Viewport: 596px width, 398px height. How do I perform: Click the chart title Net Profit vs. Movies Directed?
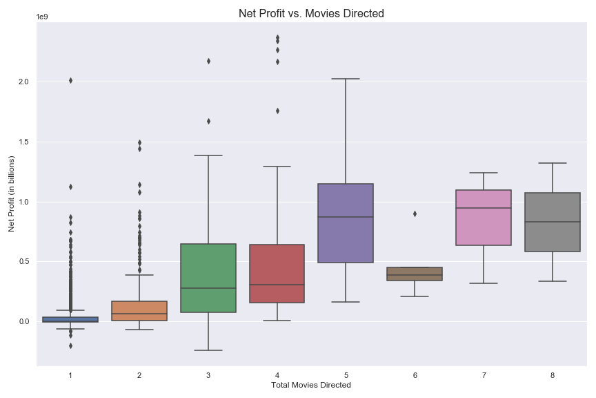pos(311,13)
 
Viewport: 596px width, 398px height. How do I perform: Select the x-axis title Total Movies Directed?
pos(311,385)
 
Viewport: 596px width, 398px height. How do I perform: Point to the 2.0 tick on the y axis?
pos(23,82)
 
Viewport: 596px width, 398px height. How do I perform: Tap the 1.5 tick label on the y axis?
pos(23,142)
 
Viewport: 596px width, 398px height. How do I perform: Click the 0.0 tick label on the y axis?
pos(23,321)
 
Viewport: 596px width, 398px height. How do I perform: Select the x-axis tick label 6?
pos(415,375)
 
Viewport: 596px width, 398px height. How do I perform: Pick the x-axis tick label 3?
pos(208,375)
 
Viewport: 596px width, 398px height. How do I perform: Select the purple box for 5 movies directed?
pos(346,221)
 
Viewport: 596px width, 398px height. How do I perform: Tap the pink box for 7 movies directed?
pos(484,218)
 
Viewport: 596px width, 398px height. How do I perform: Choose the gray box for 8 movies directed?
pos(553,222)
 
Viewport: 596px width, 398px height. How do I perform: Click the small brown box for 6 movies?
pos(415,274)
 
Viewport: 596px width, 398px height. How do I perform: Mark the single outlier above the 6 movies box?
pos(415,214)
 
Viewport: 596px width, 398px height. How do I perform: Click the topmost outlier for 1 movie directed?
pos(70,80)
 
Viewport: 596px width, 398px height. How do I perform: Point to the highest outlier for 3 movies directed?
pos(208,61)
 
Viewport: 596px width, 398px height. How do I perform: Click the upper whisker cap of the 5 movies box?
pos(346,79)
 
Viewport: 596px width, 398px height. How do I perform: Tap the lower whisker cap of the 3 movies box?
pos(208,350)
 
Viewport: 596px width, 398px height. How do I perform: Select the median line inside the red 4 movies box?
pos(277,285)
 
